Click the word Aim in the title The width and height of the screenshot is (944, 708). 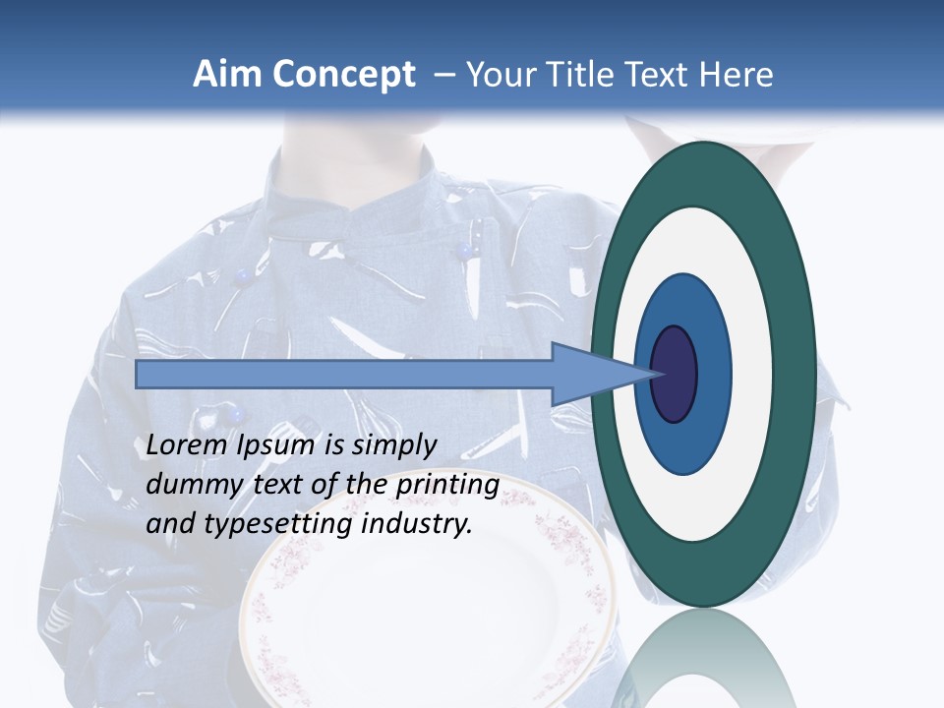click(227, 75)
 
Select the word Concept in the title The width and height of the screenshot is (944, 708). click(343, 75)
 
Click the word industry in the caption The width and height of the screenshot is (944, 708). click(417, 524)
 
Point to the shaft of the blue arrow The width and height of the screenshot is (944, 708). click(344, 375)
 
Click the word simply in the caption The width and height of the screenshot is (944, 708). click(393, 445)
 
